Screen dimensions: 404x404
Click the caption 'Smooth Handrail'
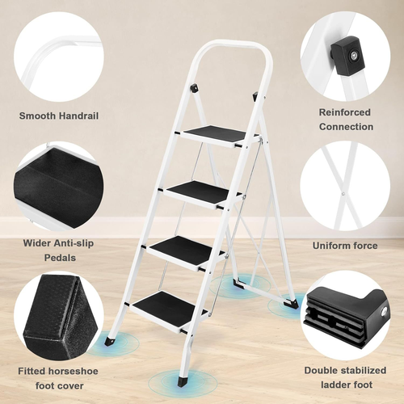tap(58, 116)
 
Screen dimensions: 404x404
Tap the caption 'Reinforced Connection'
tap(346, 120)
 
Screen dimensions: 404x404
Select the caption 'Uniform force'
tap(345, 245)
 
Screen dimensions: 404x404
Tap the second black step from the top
tap(204, 191)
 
